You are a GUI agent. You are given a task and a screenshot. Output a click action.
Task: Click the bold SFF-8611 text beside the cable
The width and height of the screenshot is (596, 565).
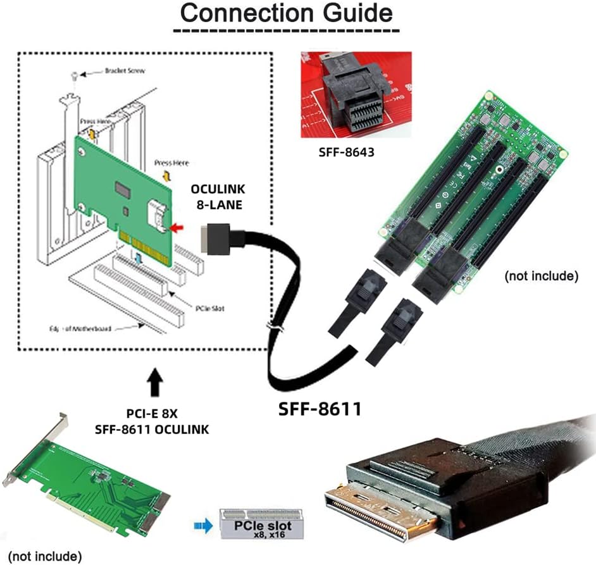[x=320, y=409]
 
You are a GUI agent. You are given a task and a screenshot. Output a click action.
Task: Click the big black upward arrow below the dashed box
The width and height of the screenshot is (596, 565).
[x=154, y=383]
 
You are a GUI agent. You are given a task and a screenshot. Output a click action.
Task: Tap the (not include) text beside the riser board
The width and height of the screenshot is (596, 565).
[x=542, y=276]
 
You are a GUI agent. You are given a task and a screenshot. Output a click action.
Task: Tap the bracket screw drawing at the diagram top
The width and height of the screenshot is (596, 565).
[x=75, y=75]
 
